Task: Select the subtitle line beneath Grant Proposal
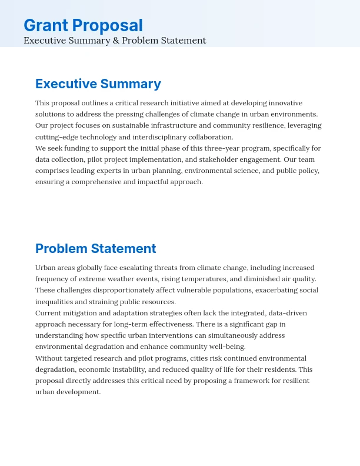tap(115, 41)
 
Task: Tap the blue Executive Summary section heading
tap(98, 84)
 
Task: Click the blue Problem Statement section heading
tap(96, 248)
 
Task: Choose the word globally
tap(94, 268)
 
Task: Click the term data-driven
tap(288, 313)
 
